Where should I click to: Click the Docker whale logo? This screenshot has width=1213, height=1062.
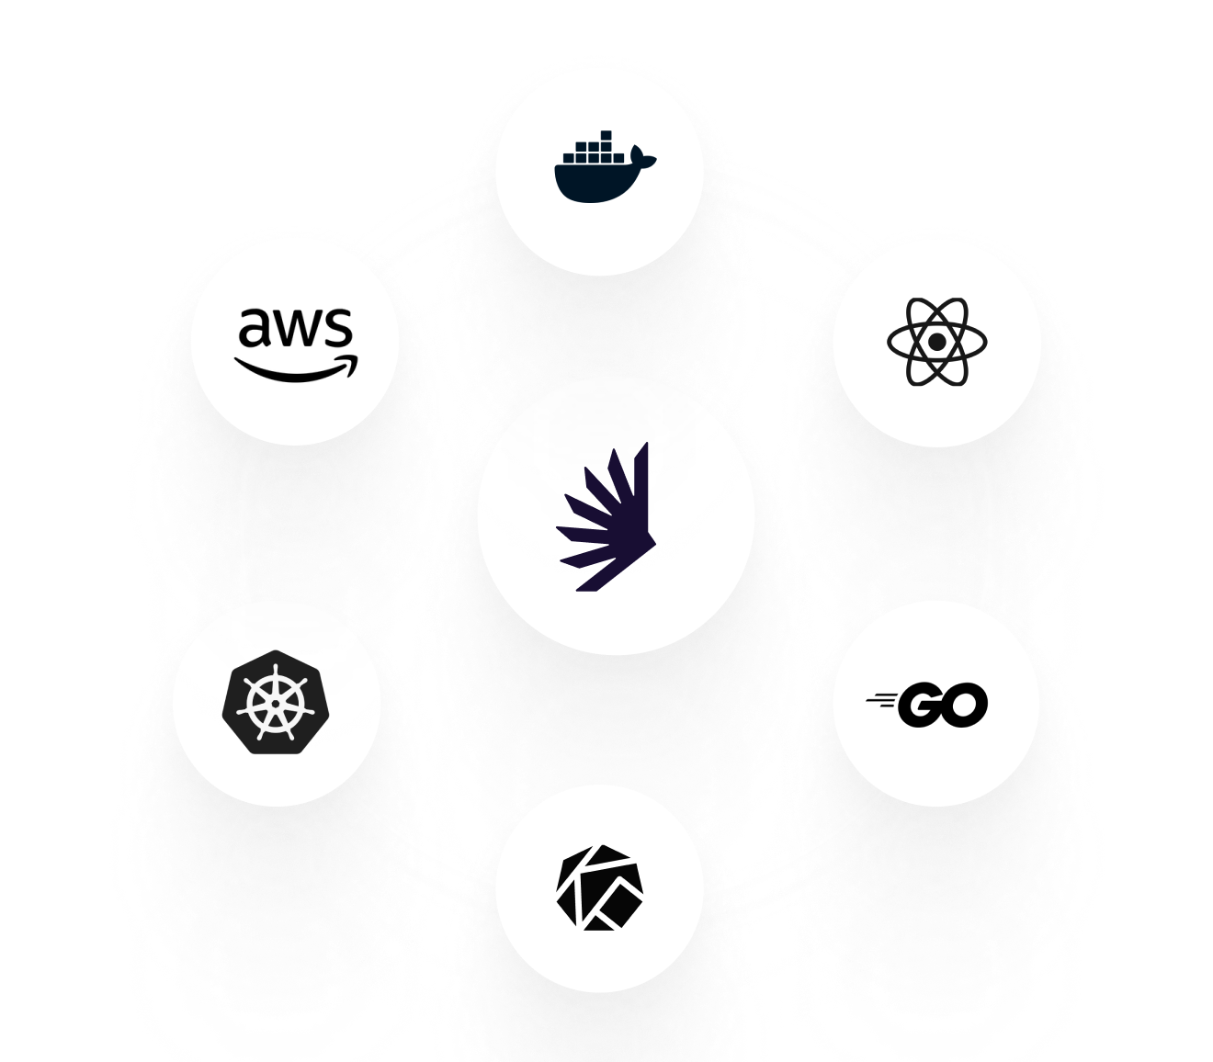[602, 170]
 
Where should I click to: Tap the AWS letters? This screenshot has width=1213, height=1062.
[295, 328]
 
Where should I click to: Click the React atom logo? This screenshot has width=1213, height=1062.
[936, 342]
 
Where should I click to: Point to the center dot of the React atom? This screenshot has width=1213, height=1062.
[936, 342]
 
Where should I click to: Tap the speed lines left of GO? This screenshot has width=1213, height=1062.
[882, 702]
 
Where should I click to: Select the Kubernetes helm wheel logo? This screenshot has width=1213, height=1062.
[276, 703]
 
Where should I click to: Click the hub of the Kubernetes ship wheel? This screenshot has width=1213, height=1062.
[276, 704]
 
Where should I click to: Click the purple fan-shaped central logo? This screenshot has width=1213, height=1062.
[608, 519]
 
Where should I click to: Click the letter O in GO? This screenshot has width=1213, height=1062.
[965, 705]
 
